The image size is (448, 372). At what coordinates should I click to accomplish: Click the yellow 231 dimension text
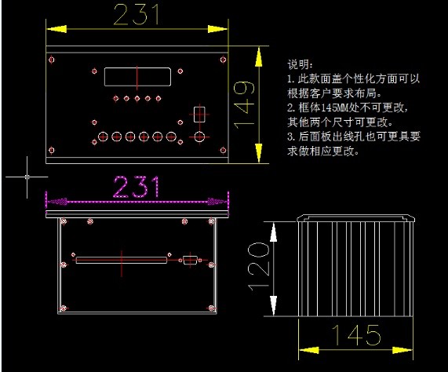137,14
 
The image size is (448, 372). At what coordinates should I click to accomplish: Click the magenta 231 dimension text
137,187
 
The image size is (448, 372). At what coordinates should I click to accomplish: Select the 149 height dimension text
244,104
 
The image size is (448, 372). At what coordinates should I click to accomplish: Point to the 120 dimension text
258,267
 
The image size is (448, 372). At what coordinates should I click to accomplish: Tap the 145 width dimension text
355,335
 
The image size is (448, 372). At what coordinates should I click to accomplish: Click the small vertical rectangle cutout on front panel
199,115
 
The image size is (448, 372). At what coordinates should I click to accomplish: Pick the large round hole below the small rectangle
199,137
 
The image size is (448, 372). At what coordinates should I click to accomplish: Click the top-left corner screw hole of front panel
52,60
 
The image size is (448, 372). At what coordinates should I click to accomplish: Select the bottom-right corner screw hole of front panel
223,150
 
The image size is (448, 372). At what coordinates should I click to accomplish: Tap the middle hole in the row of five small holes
137,99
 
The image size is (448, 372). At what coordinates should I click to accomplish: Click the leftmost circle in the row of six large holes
103,137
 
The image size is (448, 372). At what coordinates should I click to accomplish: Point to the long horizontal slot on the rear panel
122,260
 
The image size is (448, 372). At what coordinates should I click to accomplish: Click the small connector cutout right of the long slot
190,260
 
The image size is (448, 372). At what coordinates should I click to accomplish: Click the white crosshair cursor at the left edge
27,177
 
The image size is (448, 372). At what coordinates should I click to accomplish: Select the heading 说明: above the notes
300,64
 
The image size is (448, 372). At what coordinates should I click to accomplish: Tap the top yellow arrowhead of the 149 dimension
259,57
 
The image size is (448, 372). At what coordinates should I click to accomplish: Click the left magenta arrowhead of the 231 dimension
57,202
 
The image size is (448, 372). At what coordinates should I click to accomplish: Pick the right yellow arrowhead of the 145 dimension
402,350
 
